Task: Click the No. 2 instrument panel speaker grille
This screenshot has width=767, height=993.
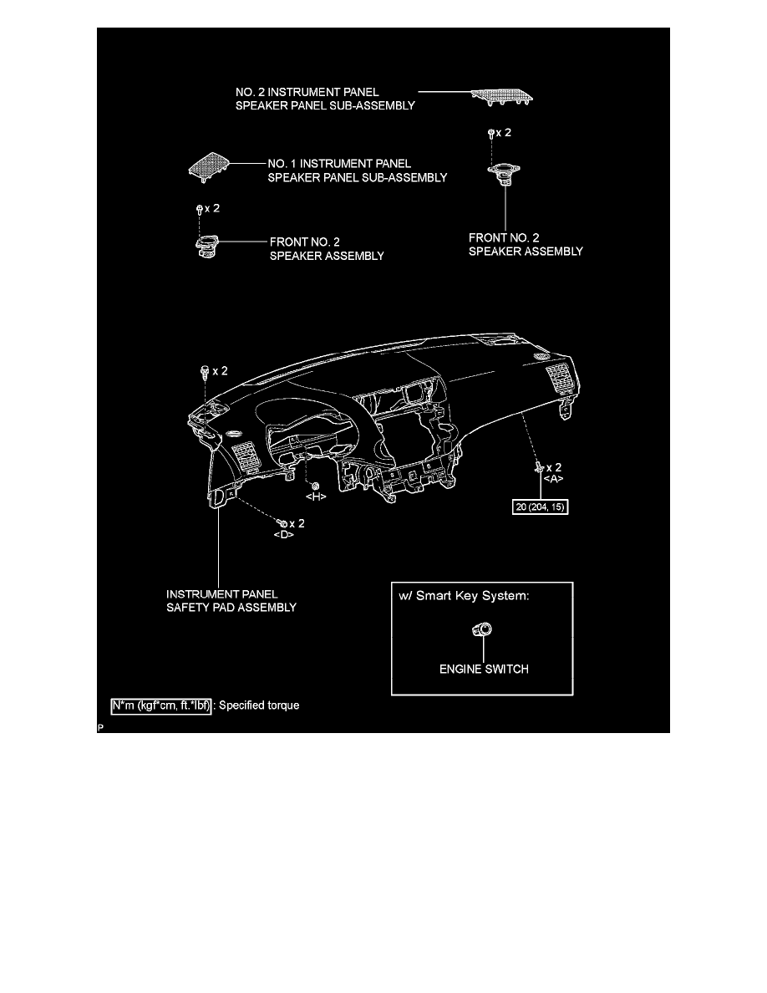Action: click(x=502, y=96)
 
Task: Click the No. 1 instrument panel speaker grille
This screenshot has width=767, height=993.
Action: click(x=208, y=167)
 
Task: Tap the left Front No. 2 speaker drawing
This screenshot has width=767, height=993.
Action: click(x=207, y=246)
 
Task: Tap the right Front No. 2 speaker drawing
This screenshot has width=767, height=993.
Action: click(x=504, y=173)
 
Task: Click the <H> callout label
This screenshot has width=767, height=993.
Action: click(x=316, y=497)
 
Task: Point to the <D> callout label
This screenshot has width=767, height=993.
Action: click(x=283, y=534)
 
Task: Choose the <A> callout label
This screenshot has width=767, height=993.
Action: click(x=553, y=480)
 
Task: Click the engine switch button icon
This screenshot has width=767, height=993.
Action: click(x=482, y=629)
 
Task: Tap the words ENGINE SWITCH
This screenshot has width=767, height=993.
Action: click(x=484, y=669)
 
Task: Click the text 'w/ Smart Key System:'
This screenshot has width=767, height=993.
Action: click(x=464, y=596)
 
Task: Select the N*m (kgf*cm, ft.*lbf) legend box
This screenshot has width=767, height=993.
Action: click(x=161, y=705)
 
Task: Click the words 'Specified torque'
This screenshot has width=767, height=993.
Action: click(x=259, y=705)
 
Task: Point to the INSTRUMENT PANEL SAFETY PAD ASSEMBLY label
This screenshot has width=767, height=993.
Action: click(x=231, y=601)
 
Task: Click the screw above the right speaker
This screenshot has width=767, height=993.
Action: click(x=491, y=134)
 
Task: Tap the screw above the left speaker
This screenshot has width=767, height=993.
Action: click(x=200, y=209)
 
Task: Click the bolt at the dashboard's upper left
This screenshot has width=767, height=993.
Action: click(x=205, y=372)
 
